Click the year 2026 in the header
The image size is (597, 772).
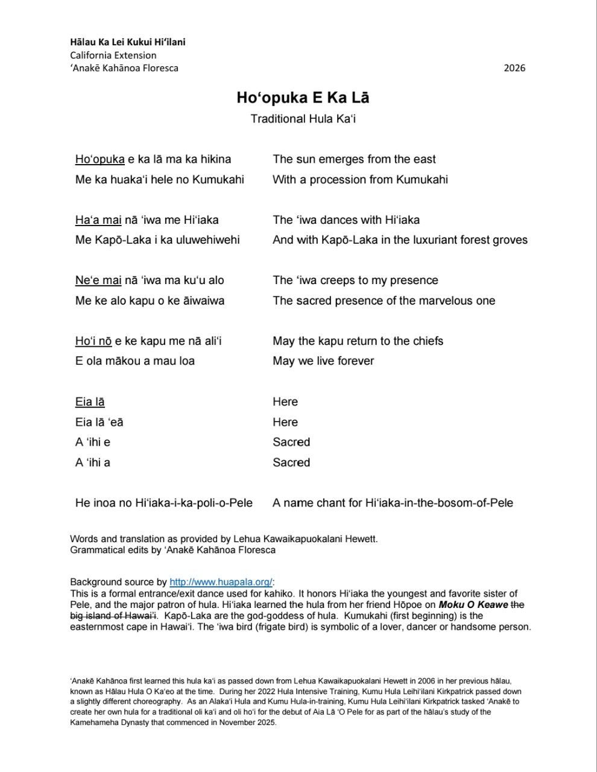click(514, 68)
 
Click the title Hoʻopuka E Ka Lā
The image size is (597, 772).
click(303, 98)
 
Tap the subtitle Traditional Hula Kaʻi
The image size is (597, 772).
click(303, 119)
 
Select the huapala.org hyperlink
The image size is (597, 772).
click(221, 582)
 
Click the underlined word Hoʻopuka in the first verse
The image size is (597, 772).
click(99, 159)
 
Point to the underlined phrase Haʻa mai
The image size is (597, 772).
click(98, 220)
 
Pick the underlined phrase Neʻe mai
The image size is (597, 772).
click(98, 280)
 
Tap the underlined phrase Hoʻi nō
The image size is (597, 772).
click(93, 341)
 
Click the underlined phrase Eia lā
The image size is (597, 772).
click(90, 402)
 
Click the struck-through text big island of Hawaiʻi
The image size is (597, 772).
click(113, 616)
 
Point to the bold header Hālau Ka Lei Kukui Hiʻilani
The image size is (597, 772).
click(127, 42)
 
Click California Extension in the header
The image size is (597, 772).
click(113, 55)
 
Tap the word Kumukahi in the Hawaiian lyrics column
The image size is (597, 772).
click(218, 179)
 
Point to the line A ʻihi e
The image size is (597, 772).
click(93, 442)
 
